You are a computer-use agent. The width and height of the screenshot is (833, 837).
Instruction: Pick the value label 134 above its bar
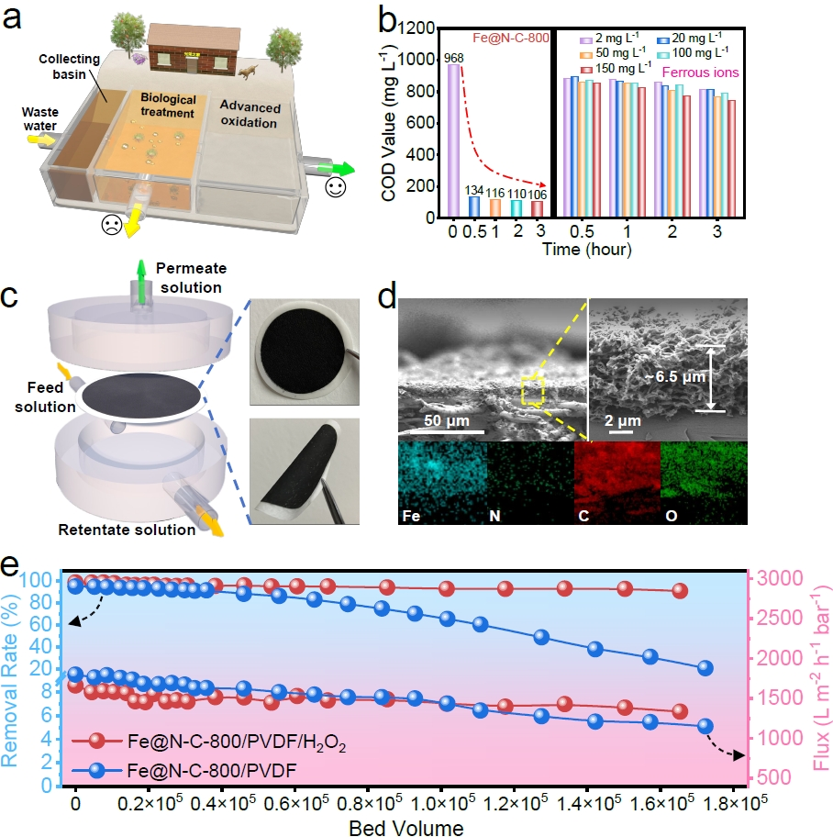coord(474,189)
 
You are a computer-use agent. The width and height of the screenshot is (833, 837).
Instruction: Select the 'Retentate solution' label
coord(128,530)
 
